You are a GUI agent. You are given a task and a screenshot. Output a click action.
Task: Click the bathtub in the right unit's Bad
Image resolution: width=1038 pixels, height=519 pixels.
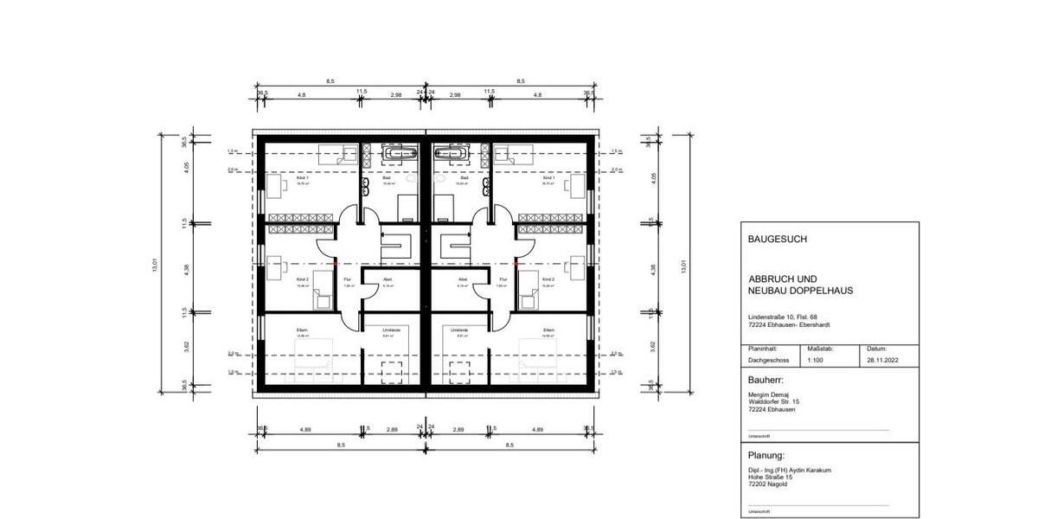coord(452,153)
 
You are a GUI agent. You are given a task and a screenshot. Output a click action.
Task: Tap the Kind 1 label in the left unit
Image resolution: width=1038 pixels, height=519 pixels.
coord(303,177)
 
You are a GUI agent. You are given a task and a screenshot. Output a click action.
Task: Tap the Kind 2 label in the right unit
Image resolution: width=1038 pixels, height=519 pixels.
coord(548,280)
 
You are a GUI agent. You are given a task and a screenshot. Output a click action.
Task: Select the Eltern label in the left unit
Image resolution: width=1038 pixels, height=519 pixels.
coord(303,330)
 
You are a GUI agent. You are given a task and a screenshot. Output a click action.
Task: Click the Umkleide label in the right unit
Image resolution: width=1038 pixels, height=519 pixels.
coord(458,330)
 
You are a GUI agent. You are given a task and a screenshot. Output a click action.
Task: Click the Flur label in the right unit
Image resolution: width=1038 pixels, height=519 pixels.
coord(503,280)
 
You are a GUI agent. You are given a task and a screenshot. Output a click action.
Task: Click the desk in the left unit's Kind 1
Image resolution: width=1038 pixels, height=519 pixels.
coord(278,184)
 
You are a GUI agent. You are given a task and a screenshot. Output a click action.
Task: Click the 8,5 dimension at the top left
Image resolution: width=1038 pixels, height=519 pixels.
coord(330,81)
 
